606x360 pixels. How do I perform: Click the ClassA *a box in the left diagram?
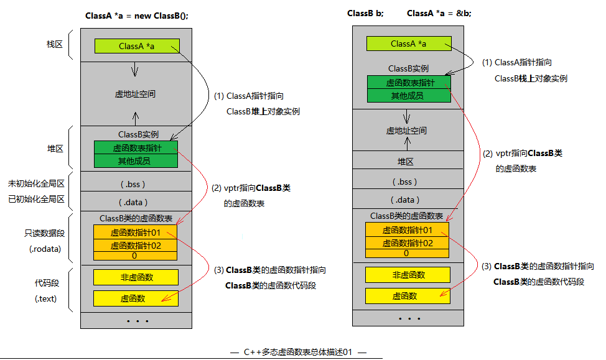point(137,46)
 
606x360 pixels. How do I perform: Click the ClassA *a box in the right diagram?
point(408,44)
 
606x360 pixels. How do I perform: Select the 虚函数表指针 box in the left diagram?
point(136,148)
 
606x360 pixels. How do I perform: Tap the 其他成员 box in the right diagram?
point(408,95)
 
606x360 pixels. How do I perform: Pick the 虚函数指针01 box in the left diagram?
point(136,232)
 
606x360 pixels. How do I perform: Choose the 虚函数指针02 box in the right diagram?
point(407,243)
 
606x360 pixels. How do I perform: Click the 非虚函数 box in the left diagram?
point(136,277)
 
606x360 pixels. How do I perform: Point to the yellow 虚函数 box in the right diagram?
point(407,296)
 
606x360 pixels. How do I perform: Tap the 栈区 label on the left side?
point(55,45)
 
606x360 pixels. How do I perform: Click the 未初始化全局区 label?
point(36,184)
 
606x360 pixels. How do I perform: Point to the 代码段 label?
point(47,283)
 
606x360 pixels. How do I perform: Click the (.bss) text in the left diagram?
point(136,184)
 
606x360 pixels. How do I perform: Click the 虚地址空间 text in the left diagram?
point(135,95)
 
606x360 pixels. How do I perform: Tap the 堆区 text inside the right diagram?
point(406,161)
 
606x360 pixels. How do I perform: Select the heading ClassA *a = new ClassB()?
point(136,16)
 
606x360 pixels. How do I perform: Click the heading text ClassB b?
point(366,14)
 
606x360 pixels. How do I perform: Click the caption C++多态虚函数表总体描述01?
point(298,352)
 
